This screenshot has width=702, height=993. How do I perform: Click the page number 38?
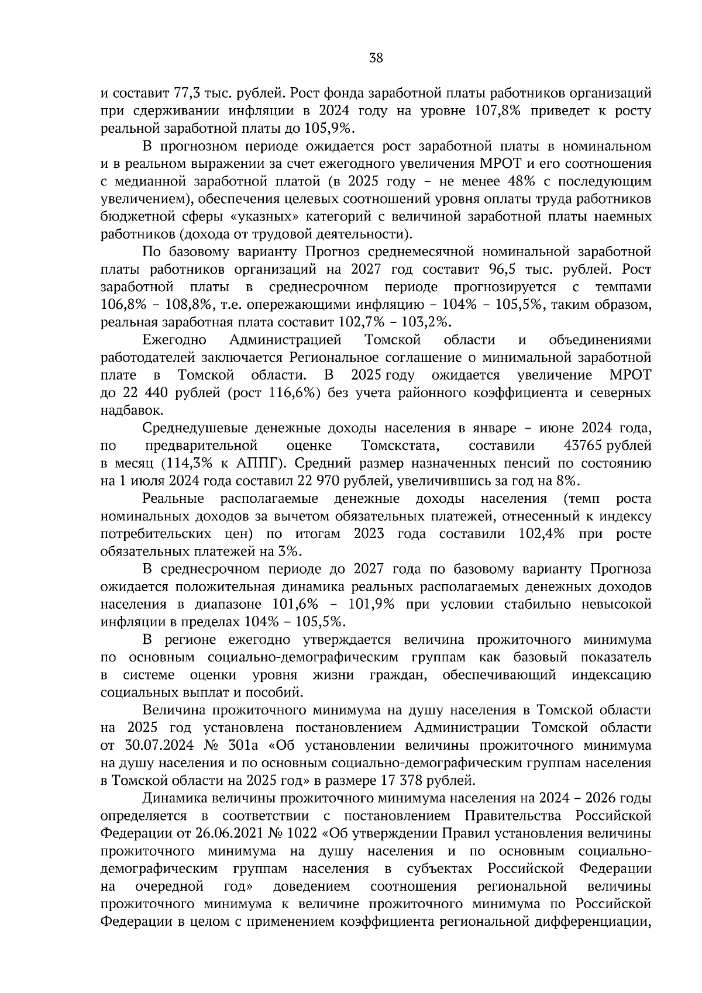pos(376,57)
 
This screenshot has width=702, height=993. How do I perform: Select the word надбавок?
pos(130,411)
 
